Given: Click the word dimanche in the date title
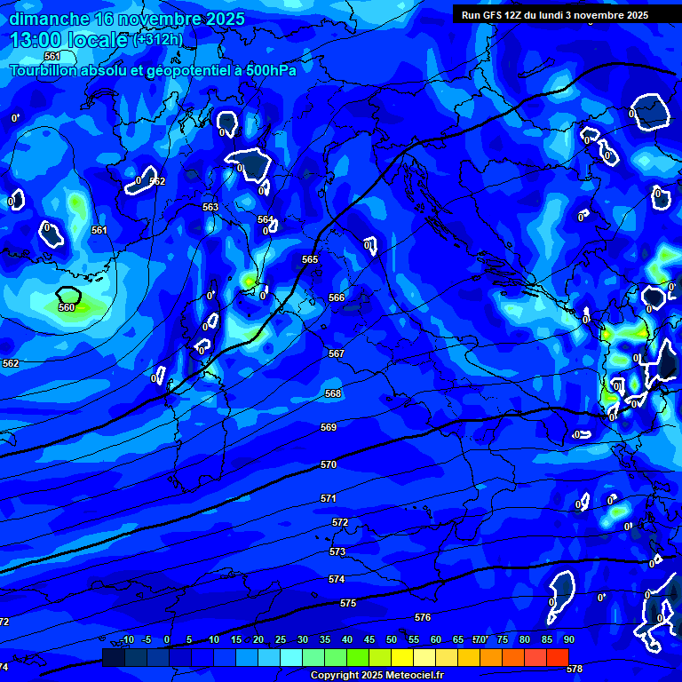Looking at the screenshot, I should click(x=49, y=19).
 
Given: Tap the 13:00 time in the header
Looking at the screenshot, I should click(x=36, y=40).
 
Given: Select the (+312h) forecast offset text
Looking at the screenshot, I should click(x=158, y=40).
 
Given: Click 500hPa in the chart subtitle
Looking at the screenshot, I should click(x=271, y=69).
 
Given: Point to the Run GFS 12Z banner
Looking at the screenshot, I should click(x=555, y=15).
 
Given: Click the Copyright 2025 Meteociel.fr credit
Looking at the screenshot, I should click(x=377, y=676).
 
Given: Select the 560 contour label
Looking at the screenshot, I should click(x=67, y=307).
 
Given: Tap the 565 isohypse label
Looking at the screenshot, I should click(x=310, y=259).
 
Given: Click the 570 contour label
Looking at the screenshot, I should click(x=329, y=464).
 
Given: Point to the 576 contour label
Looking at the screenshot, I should click(x=423, y=617).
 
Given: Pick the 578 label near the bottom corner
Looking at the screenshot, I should click(x=575, y=669).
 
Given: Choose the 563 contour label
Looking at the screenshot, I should click(x=210, y=207).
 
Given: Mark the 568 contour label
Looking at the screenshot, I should click(x=333, y=393).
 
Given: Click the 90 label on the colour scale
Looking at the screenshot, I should click(x=569, y=639).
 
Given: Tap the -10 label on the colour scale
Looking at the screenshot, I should click(x=127, y=639).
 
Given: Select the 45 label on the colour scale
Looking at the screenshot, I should click(x=369, y=639).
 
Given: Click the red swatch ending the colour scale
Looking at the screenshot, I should click(x=557, y=657).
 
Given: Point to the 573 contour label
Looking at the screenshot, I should click(x=337, y=551).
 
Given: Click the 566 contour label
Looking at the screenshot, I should click(x=337, y=297).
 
